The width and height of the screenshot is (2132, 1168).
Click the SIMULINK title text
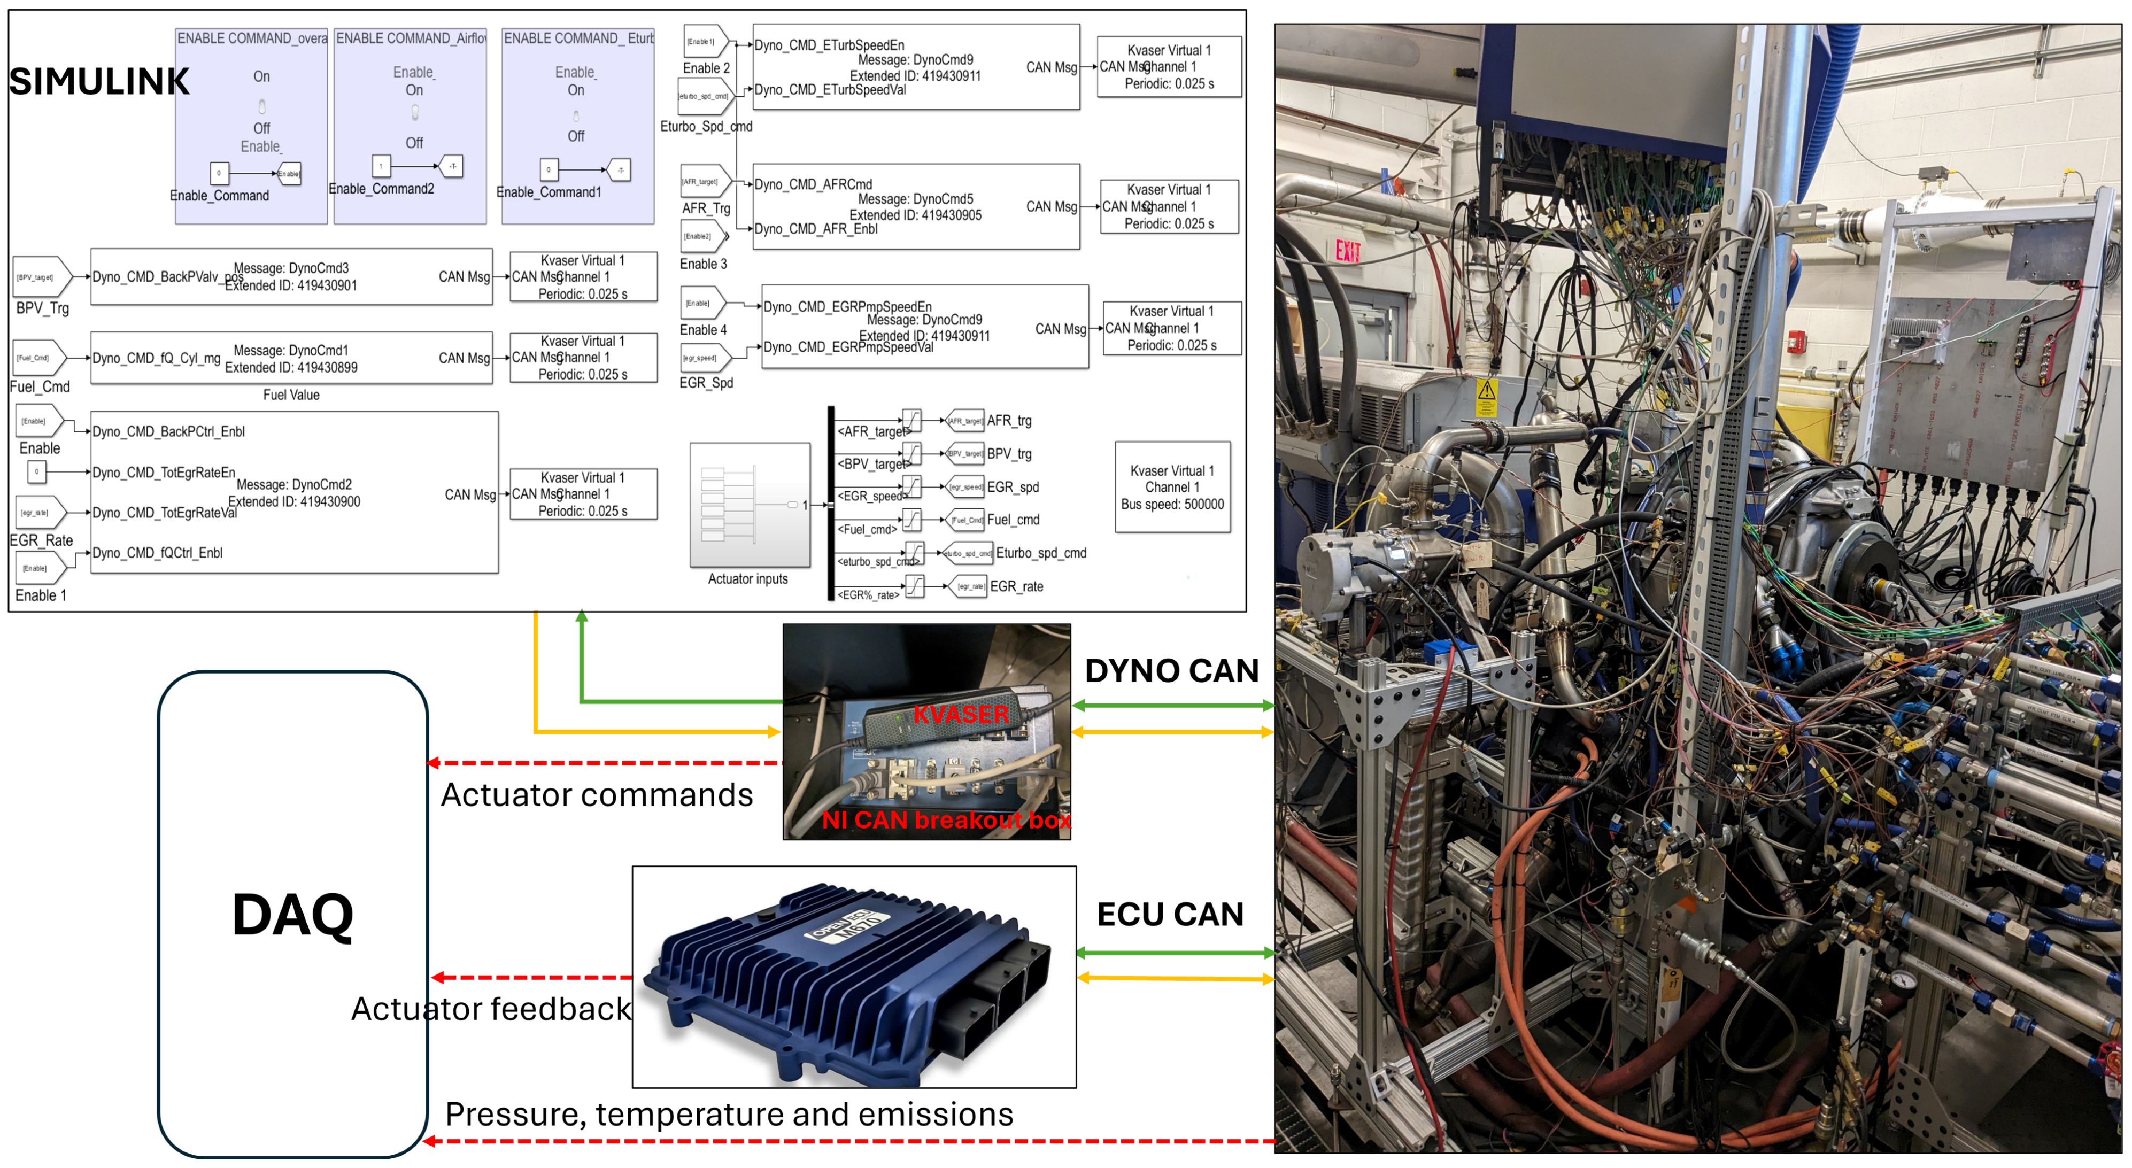[x=99, y=82]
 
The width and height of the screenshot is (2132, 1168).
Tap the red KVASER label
[x=961, y=714]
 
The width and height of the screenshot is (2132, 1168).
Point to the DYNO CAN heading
[x=1171, y=670]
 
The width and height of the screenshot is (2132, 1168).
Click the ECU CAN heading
[x=1170, y=915]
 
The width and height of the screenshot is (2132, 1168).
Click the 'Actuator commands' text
[x=597, y=795]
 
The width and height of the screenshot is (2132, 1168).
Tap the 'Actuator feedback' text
[x=491, y=1009]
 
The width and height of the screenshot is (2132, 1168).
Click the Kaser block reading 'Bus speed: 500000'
[x=1172, y=488]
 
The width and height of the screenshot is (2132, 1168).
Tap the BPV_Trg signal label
[x=42, y=308]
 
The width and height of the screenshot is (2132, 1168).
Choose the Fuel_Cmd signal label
[x=40, y=386]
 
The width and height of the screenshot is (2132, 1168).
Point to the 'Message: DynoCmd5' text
[x=915, y=199]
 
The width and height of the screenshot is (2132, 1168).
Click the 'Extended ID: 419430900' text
[x=294, y=501]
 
